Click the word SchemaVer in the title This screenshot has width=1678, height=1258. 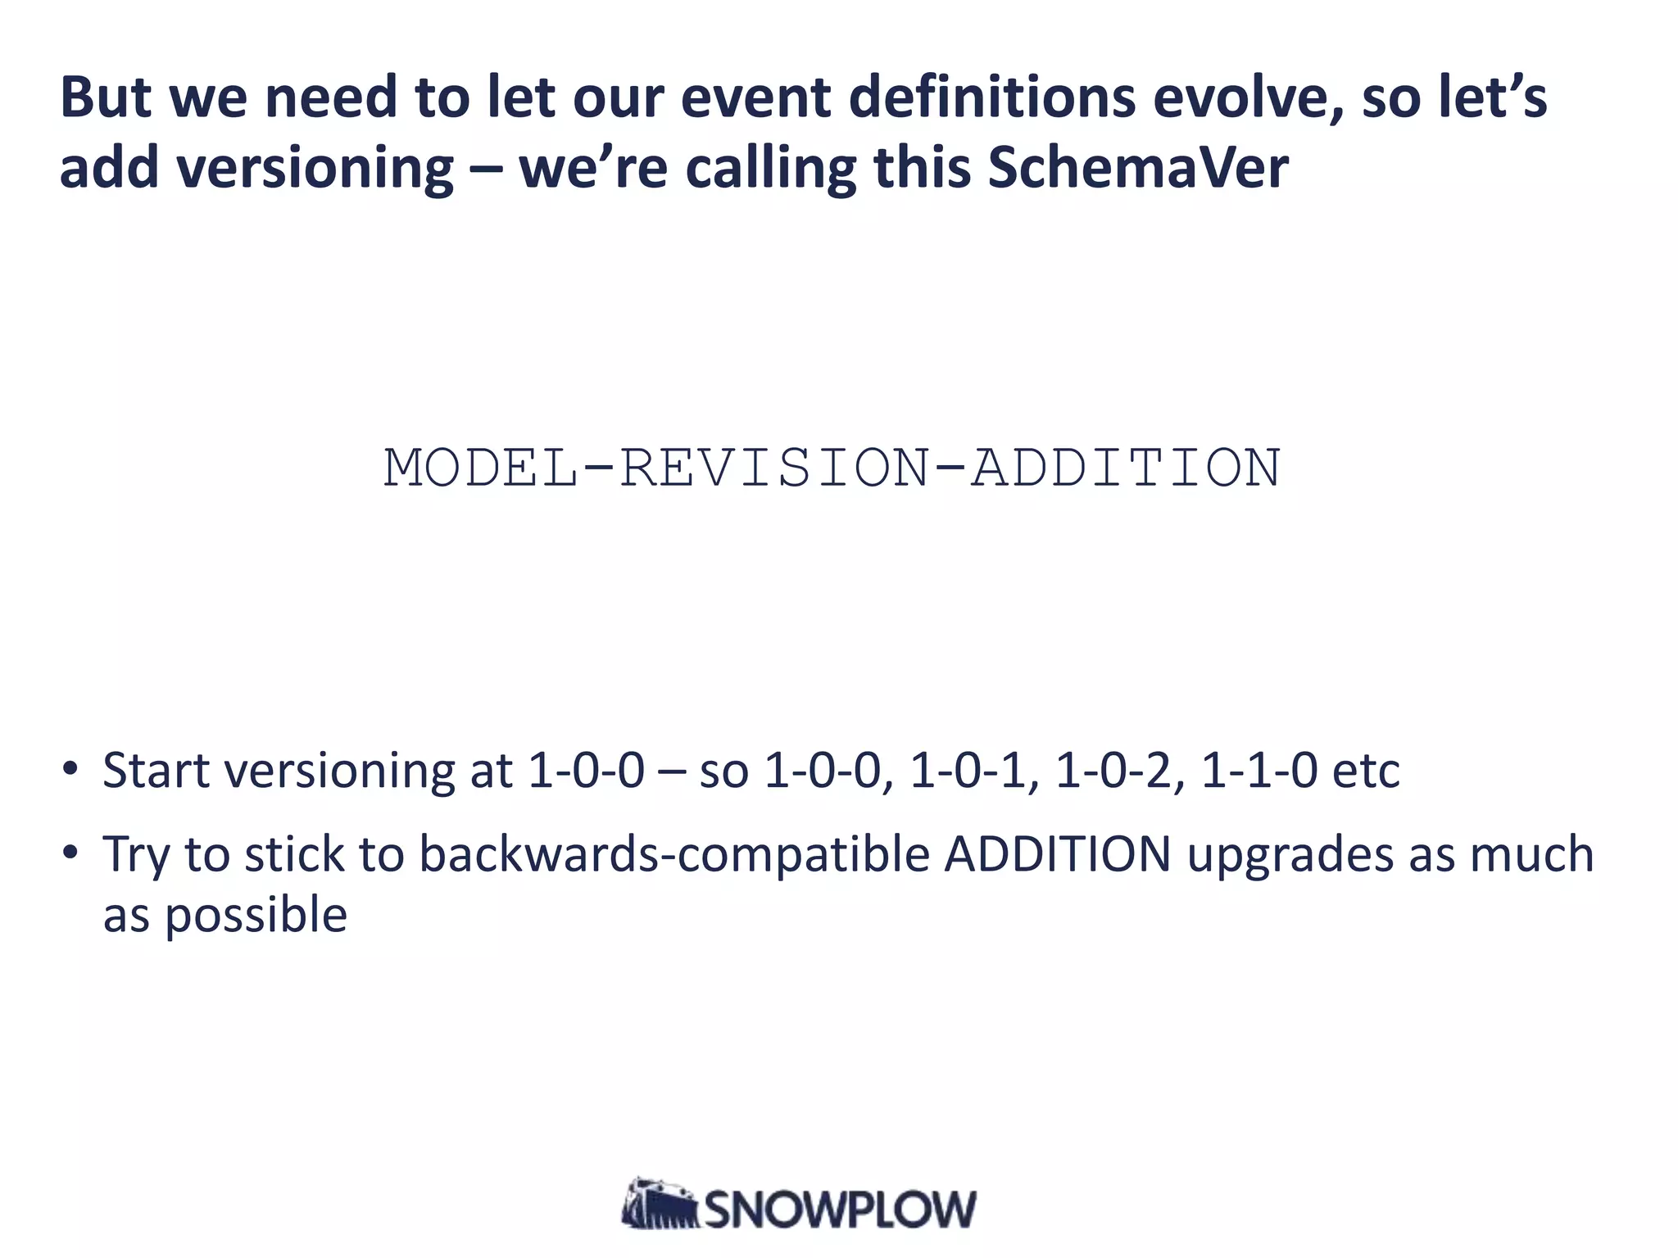(x=1137, y=167)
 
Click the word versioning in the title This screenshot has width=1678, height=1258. (x=315, y=169)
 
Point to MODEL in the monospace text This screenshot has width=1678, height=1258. (x=481, y=468)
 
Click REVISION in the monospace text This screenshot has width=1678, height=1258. (x=774, y=468)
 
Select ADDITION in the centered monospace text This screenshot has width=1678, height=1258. (x=1125, y=468)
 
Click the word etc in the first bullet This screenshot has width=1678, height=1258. (x=1367, y=771)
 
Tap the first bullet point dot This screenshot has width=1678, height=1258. (x=70, y=769)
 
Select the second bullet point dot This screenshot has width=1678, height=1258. (x=70, y=853)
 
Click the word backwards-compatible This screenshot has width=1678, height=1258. (x=674, y=854)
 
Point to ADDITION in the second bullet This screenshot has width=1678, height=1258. (x=1057, y=854)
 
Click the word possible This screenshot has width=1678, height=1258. (x=256, y=916)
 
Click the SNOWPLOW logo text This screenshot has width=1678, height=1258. (x=841, y=1209)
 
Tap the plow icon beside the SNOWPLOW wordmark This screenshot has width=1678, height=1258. (x=660, y=1204)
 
